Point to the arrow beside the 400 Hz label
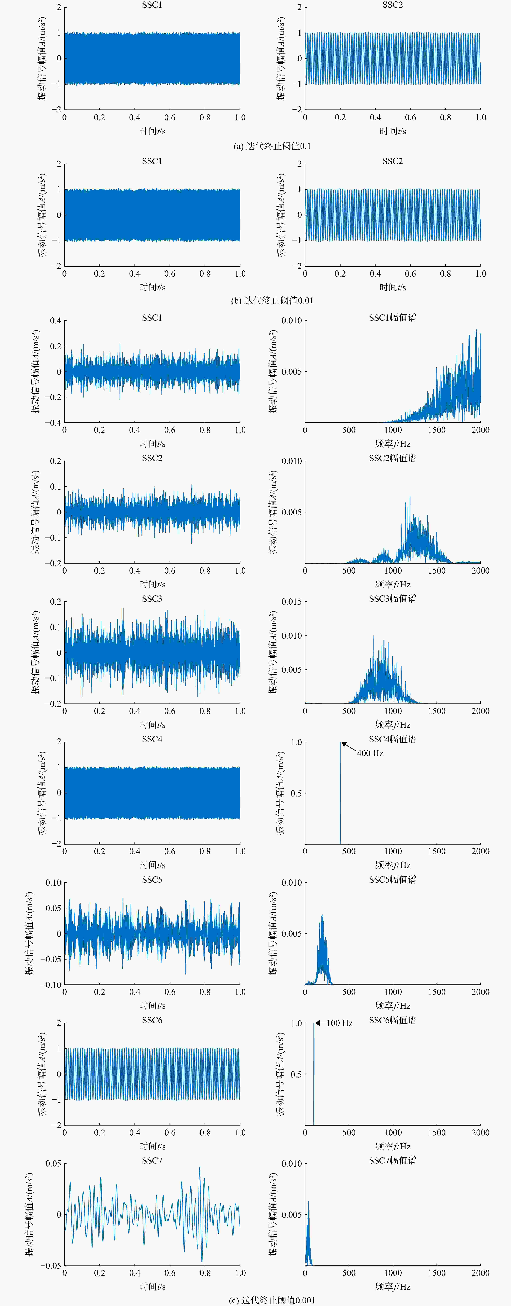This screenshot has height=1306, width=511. pos(349,747)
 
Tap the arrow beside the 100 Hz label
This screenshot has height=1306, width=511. pos(320,1023)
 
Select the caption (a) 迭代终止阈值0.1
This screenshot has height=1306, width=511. pos(272,146)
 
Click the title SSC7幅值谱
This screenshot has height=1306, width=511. pos(392,1160)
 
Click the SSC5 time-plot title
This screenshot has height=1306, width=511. pos(152,880)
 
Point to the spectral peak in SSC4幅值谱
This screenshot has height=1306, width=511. pos(340,743)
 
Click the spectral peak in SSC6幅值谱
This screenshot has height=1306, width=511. pos(314,1024)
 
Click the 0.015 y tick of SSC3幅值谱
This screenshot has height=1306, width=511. pos(291,602)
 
